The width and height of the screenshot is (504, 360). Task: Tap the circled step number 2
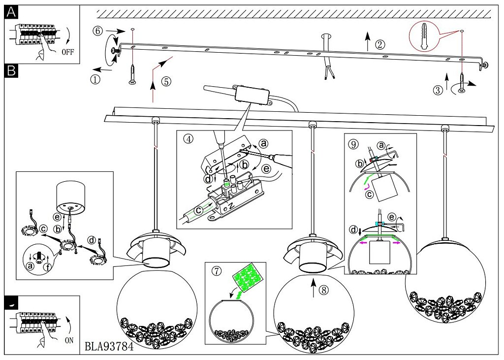coord(379,44)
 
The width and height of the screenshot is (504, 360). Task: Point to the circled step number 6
coord(97,31)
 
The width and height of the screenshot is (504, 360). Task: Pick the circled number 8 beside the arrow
coord(323,290)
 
